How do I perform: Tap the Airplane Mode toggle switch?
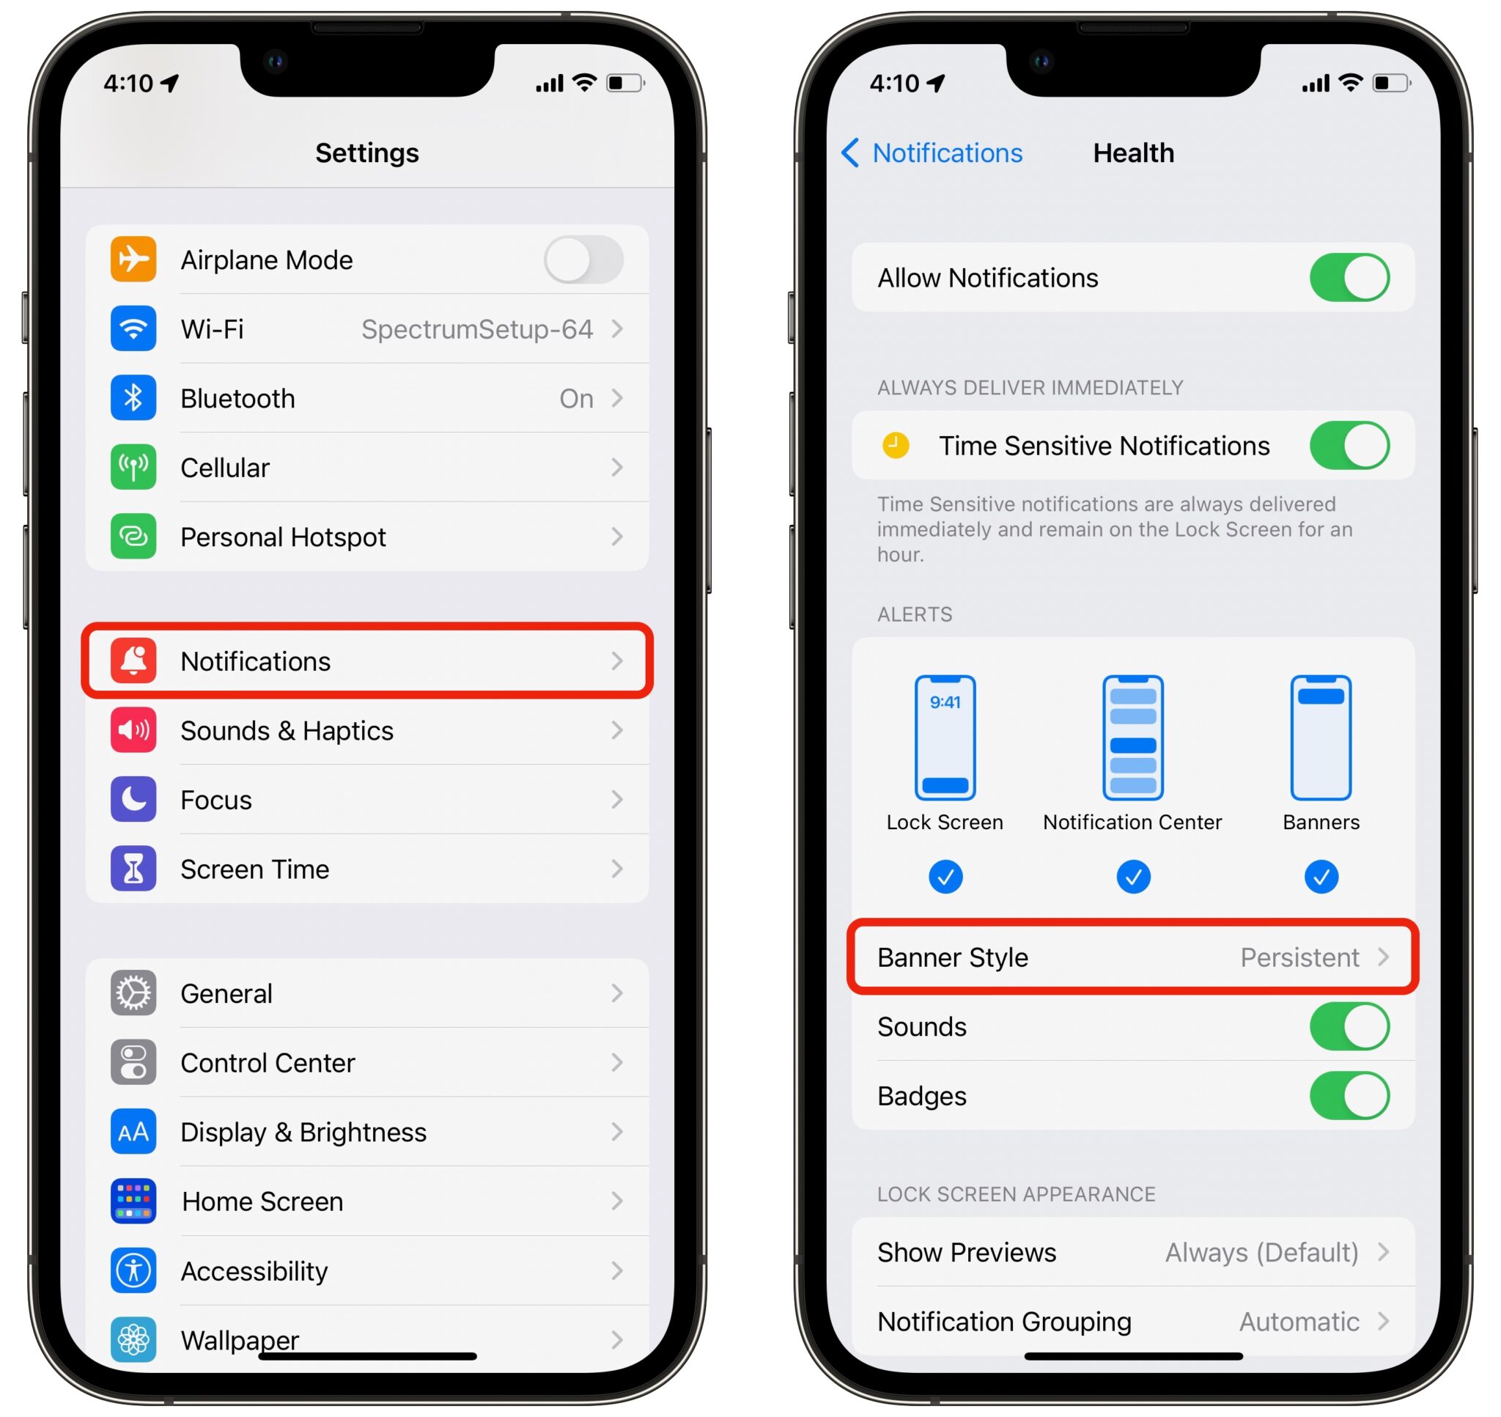[583, 260]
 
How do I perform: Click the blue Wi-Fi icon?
[133, 329]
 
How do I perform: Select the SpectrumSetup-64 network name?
[476, 329]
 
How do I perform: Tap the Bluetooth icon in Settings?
[133, 398]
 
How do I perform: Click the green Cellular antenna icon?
[133, 468]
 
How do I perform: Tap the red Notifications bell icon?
[133, 661]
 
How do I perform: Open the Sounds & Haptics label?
[286, 730]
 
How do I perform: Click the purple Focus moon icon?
[133, 799]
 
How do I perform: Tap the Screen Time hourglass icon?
[133, 869]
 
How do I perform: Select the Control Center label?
[268, 1063]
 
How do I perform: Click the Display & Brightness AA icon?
[133, 1132]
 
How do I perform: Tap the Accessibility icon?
[133, 1270]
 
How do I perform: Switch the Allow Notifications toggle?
[1349, 278]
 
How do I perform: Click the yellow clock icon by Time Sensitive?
[896, 446]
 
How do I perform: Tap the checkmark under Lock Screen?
[945, 877]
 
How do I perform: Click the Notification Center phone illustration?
[1132, 738]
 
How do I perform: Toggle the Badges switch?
[1349, 1096]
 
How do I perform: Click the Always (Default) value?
[1261, 1252]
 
